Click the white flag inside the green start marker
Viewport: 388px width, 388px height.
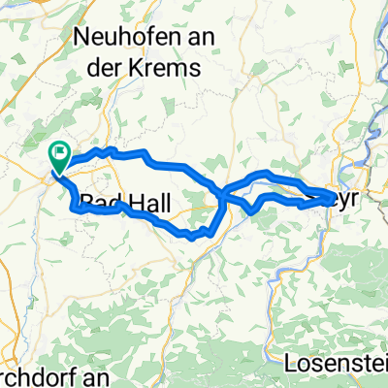60,149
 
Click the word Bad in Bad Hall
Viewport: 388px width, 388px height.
102,203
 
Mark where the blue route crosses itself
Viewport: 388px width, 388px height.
224,194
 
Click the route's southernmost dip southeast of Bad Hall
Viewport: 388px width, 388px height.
193,235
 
